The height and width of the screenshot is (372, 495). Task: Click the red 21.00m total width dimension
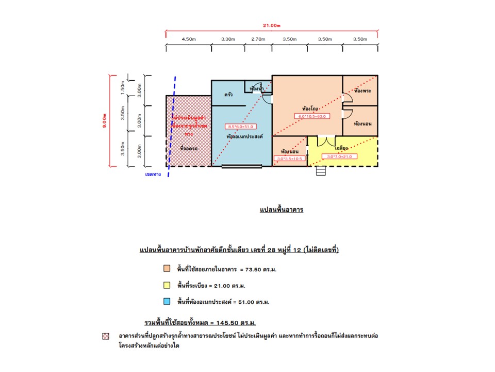pos(271,25)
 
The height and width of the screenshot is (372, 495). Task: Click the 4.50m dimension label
pos(188,39)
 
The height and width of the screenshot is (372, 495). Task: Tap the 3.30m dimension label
pos(228,39)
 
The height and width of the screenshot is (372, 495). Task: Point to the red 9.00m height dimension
pos(105,122)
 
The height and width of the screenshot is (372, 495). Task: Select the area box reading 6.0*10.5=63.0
pos(314,116)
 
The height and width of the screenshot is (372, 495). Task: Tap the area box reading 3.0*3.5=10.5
pos(289,158)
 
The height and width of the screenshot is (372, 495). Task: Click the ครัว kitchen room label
pos(228,95)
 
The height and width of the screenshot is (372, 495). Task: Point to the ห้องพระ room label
pos(363,91)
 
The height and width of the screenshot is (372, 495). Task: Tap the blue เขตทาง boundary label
pos(153,174)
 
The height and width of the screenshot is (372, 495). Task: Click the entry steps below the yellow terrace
pos(321,171)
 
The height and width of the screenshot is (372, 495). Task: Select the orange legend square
pos(167,269)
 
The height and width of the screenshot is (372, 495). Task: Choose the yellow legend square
pos(167,285)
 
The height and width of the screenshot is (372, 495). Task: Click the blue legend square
pos(167,301)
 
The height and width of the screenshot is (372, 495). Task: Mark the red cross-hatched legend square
pos(106,336)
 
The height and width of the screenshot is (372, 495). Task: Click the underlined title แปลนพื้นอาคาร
pos(281,210)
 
